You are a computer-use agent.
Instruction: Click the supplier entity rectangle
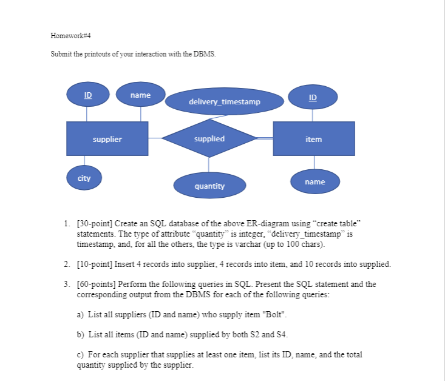click(x=107, y=139)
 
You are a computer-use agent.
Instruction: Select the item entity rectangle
click(x=314, y=139)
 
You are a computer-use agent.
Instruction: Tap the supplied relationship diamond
click(x=209, y=139)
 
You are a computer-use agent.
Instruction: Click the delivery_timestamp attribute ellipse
click(x=225, y=102)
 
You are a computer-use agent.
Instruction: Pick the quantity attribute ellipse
click(x=209, y=186)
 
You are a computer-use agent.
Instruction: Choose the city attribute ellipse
click(x=84, y=178)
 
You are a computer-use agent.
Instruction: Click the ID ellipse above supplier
click(x=88, y=96)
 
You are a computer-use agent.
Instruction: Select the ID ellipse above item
click(x=313, y=97)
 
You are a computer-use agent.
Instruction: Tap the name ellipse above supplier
click(x=141, y=95)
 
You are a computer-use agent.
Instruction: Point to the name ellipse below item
click(x=314, y=181)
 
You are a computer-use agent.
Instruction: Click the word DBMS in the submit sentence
click(x=203, y=55)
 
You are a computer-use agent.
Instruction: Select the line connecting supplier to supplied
click(x=155, y=139)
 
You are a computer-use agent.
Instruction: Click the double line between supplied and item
click(x=265, y=139)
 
